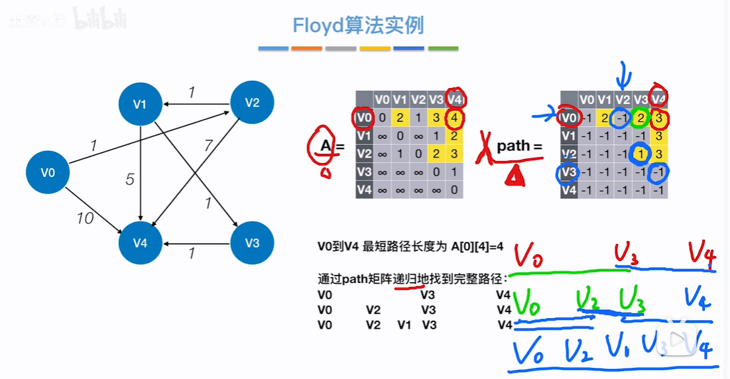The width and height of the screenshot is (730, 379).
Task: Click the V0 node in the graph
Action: coord(48,172)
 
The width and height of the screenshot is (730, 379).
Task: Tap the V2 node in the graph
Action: coord(252,102)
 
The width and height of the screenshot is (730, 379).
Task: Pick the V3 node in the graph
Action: coord(252,243)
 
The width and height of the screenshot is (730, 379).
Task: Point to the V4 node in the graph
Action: coord(140,243)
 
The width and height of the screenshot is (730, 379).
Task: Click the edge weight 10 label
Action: coord(85,217)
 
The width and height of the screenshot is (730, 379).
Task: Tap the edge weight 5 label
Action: coord(130,179)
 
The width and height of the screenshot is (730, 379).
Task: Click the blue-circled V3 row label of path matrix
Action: coord(568,172)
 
